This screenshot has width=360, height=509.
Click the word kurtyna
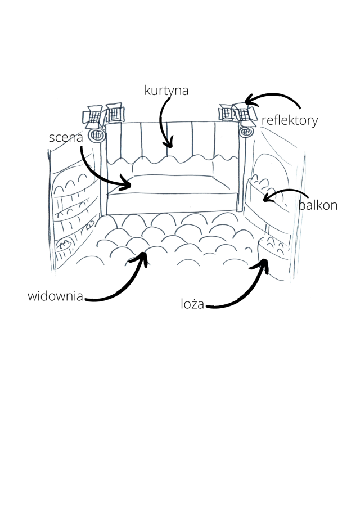tap(166, 91)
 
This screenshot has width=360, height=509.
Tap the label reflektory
tap(290, 120)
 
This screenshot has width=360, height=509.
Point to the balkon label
tap(318, 206)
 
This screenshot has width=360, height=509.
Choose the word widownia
tap(55, 296)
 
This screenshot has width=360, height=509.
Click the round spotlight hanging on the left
tap(97, 135)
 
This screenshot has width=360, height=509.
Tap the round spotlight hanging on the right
tap(245, 132)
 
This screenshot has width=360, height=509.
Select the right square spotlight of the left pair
tap(114, 112)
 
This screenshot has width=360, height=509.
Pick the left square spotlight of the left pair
tap(92, 116)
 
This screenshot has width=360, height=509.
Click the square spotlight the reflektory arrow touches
tap(242, 112)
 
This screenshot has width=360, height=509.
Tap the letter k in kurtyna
tap(147, 91)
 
